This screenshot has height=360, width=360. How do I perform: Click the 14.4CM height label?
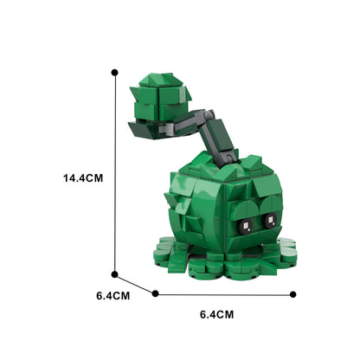pos(83,178)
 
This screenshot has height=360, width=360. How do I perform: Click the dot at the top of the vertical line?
pos(113,74)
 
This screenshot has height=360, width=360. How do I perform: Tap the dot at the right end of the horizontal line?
pos(293,293)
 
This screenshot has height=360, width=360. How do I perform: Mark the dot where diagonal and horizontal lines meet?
pos(155,293)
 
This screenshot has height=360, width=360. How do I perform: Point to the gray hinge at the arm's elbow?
pos(198,113)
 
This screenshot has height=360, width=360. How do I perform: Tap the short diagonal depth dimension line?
pos(134,286)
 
